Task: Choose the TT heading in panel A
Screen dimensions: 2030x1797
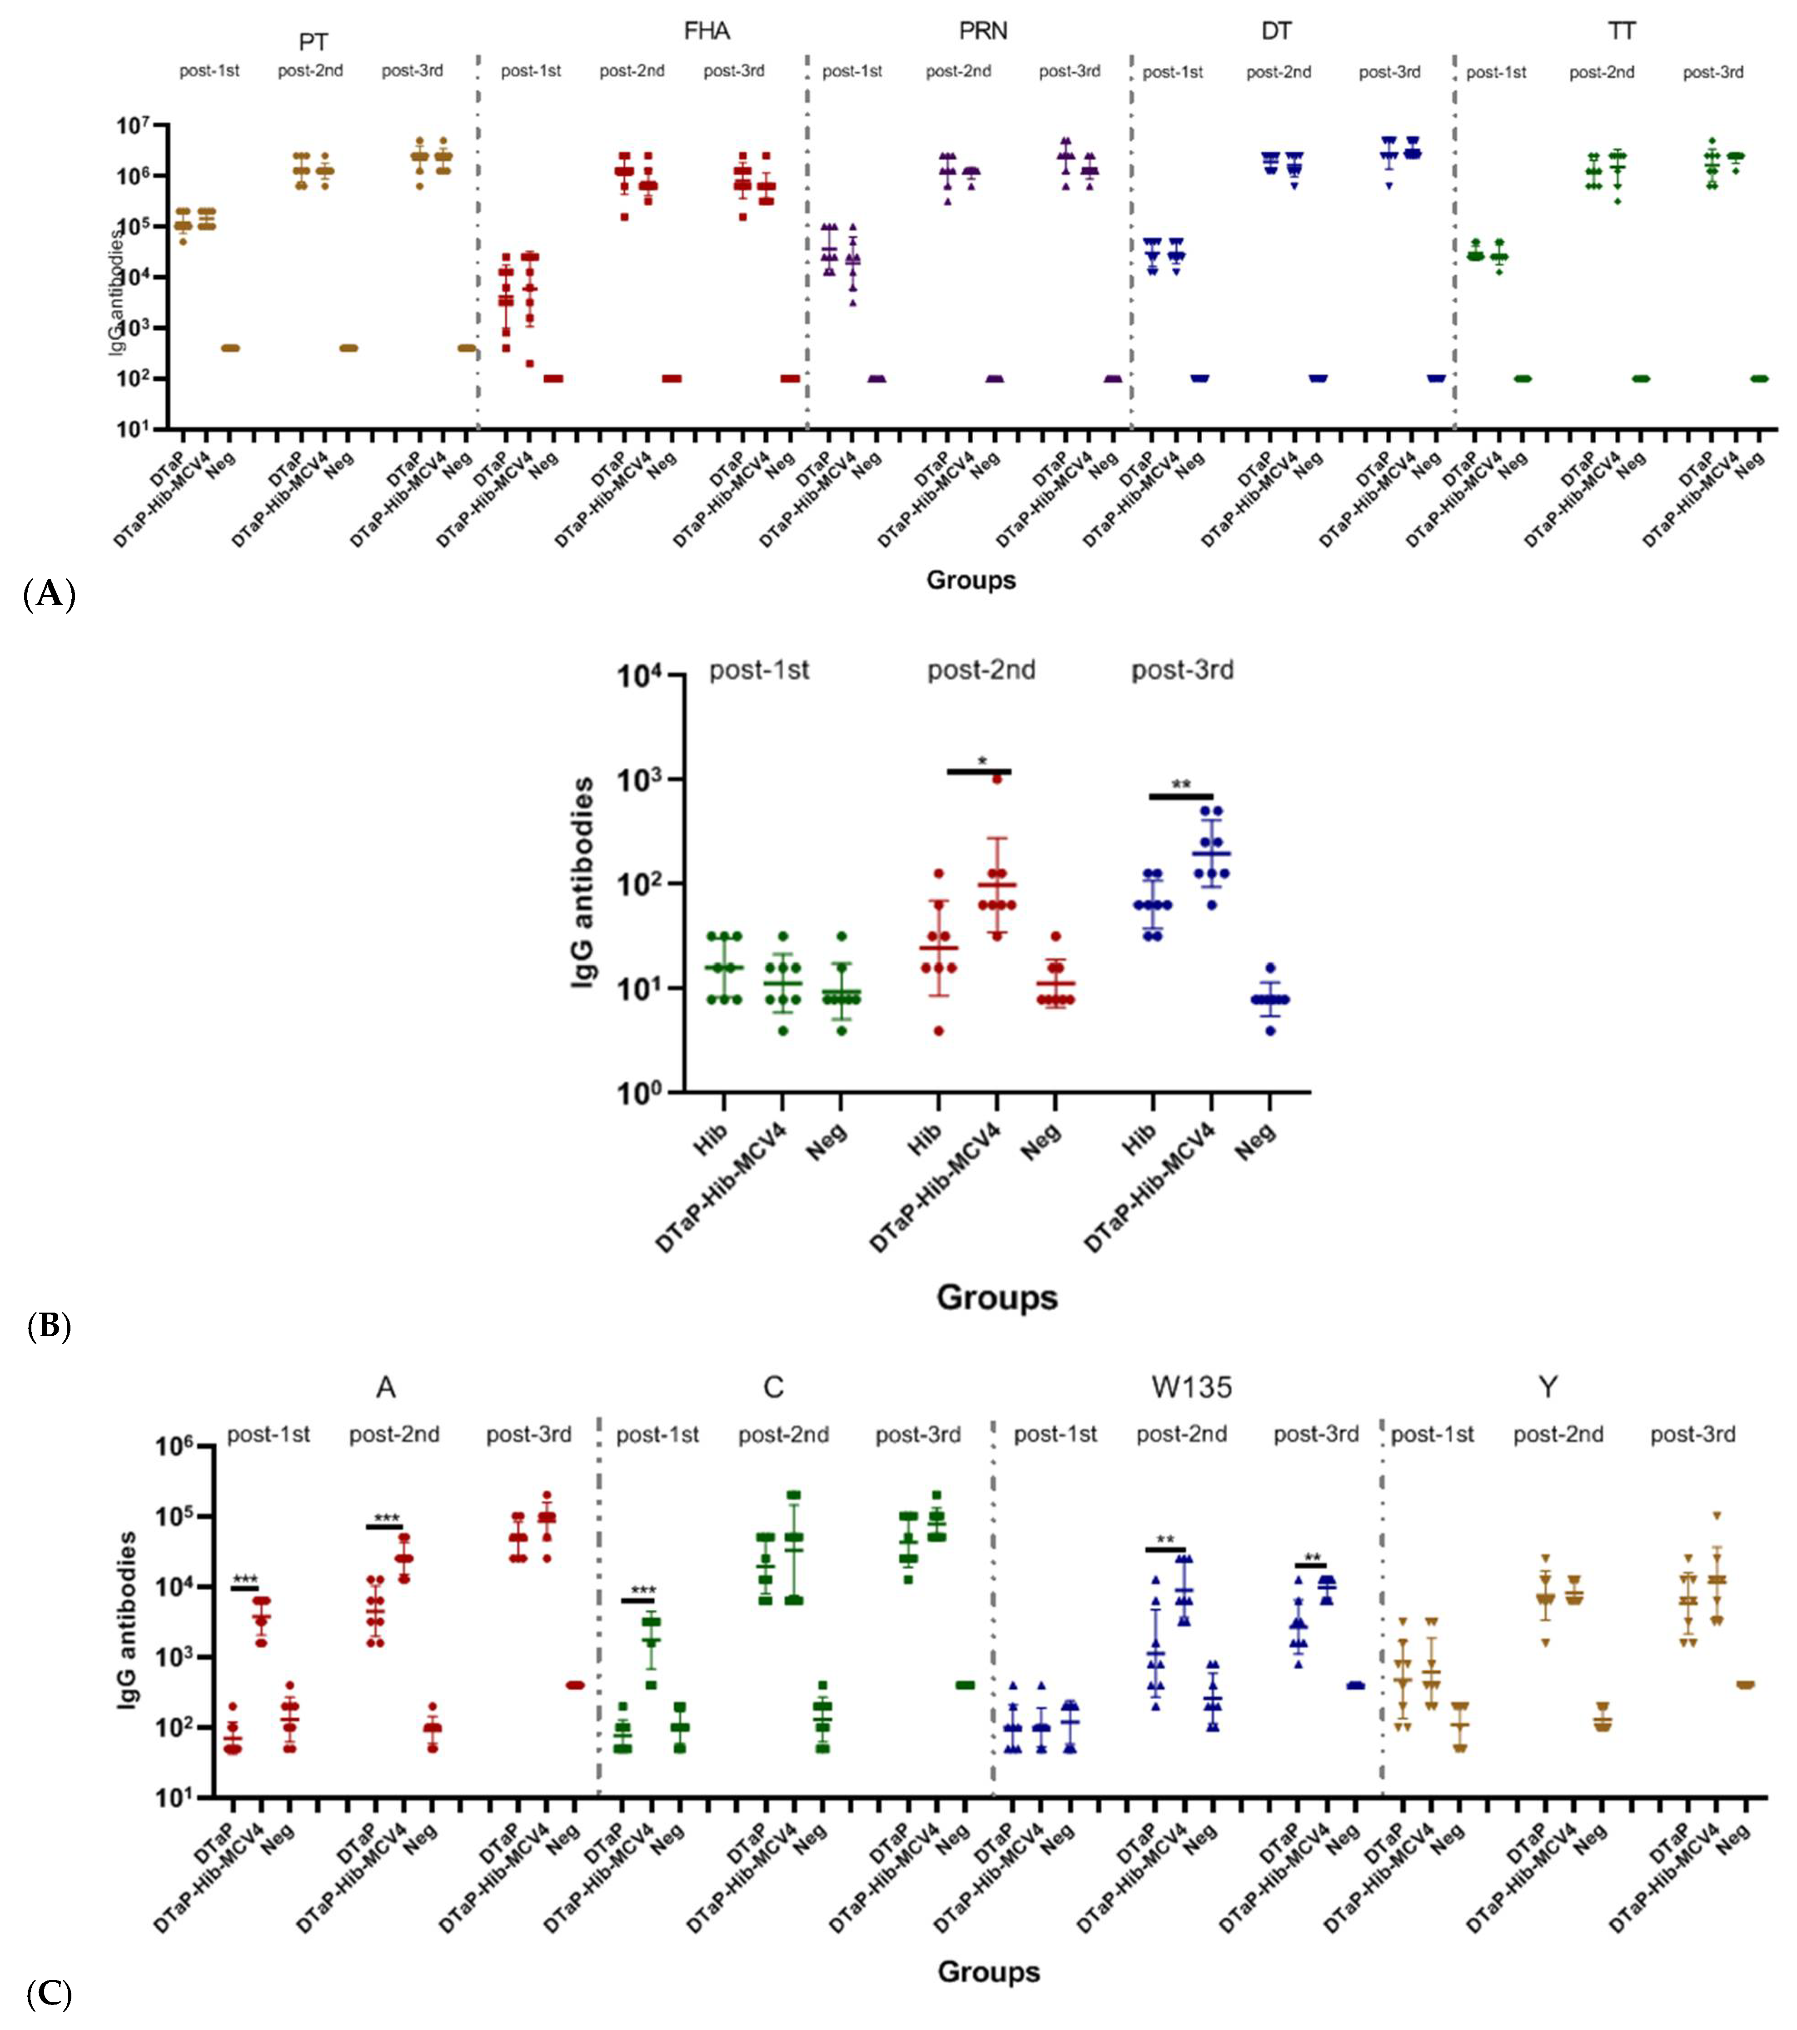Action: click(x=1621, y=32)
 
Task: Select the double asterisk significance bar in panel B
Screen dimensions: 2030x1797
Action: click(x=1181, y=796)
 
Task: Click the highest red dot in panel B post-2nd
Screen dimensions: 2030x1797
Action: click(x=996, y=779)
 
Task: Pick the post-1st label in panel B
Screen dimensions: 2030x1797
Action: click(x=759, y=670)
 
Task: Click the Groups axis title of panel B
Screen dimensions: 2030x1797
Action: click(x=996, y=1297)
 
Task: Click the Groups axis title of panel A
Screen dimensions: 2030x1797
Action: click(x=971, y=580)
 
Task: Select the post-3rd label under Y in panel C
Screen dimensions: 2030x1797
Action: click(x=1692, y=1435)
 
